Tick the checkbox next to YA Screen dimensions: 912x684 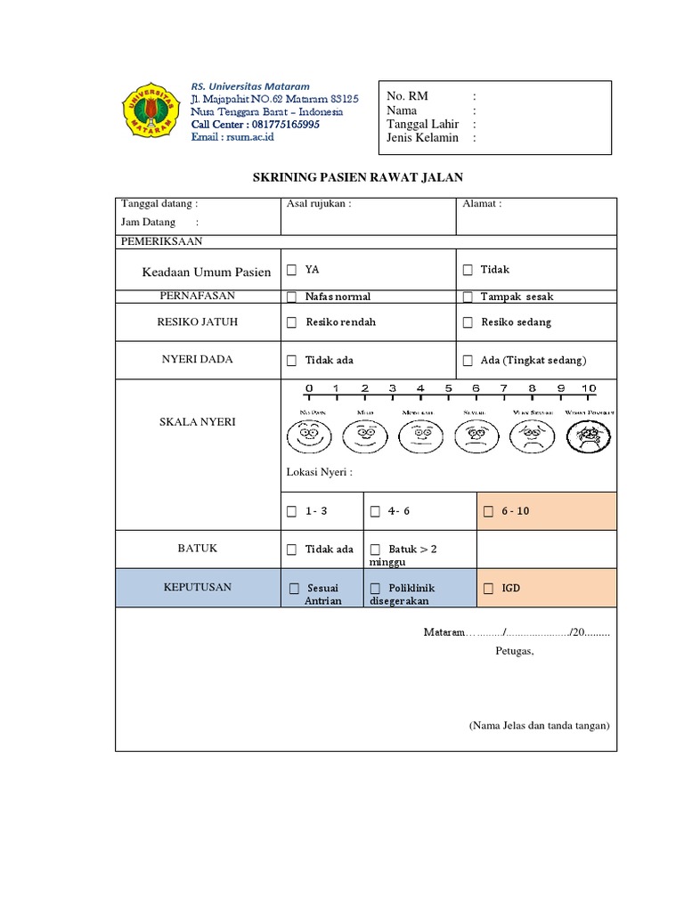(291, 270)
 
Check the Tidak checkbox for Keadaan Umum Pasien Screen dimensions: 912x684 (468, 270)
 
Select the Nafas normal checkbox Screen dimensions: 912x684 (291, 297)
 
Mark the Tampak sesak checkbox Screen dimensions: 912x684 (468, 297)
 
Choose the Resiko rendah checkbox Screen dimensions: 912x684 (291, 322)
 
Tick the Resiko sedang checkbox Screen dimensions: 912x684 (468, 322)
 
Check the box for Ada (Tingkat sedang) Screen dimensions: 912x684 (468, 361)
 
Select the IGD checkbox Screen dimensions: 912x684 (487, 589)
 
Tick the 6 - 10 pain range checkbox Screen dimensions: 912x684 (487, 512)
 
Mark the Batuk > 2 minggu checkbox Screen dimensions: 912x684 (375, 550)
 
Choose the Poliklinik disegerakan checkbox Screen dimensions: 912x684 (375, 589)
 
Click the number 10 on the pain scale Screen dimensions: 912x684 (589, 388)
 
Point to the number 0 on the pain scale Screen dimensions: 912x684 (309, 388)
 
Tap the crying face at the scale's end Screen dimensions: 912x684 (589, 436)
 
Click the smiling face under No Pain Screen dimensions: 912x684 (308, 436)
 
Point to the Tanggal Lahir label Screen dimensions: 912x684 (422, 124)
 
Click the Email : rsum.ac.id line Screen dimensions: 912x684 (232, 136)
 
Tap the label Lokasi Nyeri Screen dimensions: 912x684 (319, 472)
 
